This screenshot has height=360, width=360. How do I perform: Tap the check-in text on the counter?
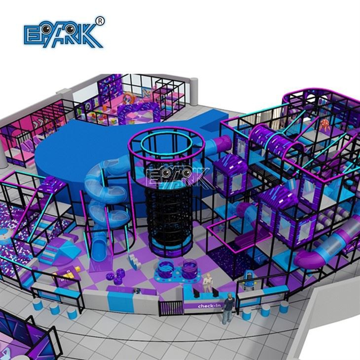coord(209,306)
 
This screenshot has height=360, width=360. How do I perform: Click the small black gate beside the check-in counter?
coord(170,308)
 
